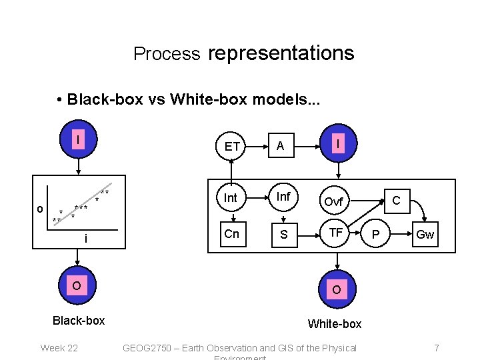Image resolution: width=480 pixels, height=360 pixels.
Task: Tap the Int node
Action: [x=231, y=198]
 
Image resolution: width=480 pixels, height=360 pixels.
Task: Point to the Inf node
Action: [x=283, y=197]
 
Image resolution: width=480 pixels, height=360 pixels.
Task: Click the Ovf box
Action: [x=333, y=201]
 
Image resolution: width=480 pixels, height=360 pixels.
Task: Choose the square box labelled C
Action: [x=396, y=199]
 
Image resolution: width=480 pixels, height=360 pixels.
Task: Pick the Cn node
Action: [x=231, y=234]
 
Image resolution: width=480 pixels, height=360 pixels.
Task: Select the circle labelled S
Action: [x=284, y=234]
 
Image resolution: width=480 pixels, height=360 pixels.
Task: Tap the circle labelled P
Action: [x=375, y=235]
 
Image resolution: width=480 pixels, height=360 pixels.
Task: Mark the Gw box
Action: [x=425, y=235]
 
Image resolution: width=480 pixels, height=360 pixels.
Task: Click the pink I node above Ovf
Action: [x=339, y=143]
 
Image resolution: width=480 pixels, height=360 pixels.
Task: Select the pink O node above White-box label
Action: [x=337, y=289]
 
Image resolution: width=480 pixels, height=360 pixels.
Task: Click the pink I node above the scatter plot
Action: [x=79, y=141]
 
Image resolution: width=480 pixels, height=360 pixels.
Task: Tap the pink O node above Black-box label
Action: [x=77, y=286]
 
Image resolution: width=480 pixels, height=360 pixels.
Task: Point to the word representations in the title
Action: [x=281, y=53]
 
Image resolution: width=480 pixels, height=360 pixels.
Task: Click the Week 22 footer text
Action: [x=59, y=347]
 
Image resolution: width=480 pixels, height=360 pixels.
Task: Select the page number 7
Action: [x=436, y=347]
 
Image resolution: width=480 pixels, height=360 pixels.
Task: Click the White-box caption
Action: [x=334, y=323]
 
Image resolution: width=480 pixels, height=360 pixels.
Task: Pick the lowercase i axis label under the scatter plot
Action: [x=86, y=239]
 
